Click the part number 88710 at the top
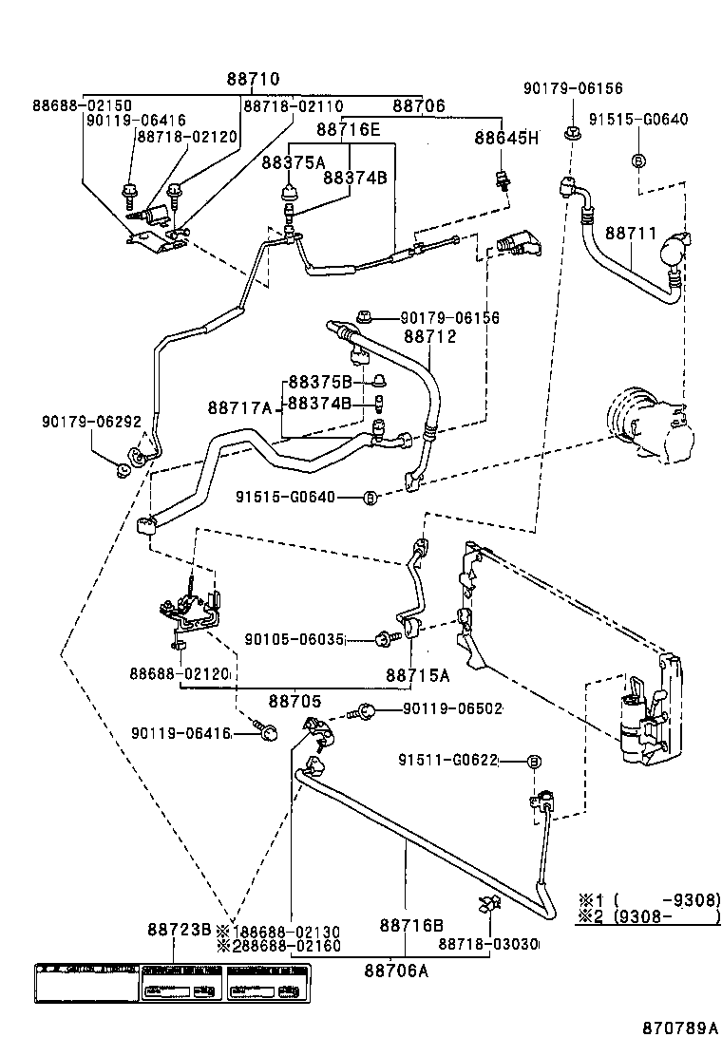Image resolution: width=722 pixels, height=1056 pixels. coord(253,80)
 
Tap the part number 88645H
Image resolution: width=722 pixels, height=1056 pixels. coord(506,138)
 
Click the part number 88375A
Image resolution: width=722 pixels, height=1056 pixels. coord(294,162)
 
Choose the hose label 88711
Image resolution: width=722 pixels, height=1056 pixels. coord(631,233)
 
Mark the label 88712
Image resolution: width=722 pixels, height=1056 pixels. coord(429,336)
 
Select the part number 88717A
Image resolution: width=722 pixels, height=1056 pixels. coord(240,407)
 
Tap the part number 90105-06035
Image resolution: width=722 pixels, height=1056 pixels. coord(294,639)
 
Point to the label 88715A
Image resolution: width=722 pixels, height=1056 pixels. coord(417,674)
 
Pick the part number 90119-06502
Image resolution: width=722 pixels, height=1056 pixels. coord(452,708)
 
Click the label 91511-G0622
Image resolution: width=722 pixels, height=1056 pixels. coord(448,761)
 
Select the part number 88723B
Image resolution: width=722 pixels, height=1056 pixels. coord(179,929)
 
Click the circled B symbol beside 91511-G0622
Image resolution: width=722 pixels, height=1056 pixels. coord(534,762)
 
